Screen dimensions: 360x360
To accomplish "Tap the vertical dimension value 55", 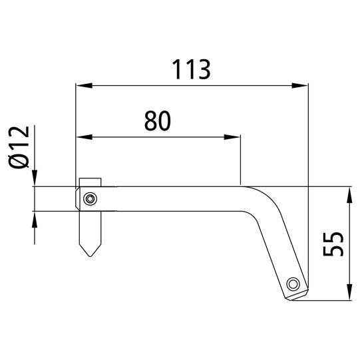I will pos(333,245).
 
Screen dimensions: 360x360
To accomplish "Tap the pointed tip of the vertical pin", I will pos(89,255).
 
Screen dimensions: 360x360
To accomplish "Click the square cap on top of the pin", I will pos(90,182).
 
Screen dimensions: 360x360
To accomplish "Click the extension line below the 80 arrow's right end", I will pos(240,163).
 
